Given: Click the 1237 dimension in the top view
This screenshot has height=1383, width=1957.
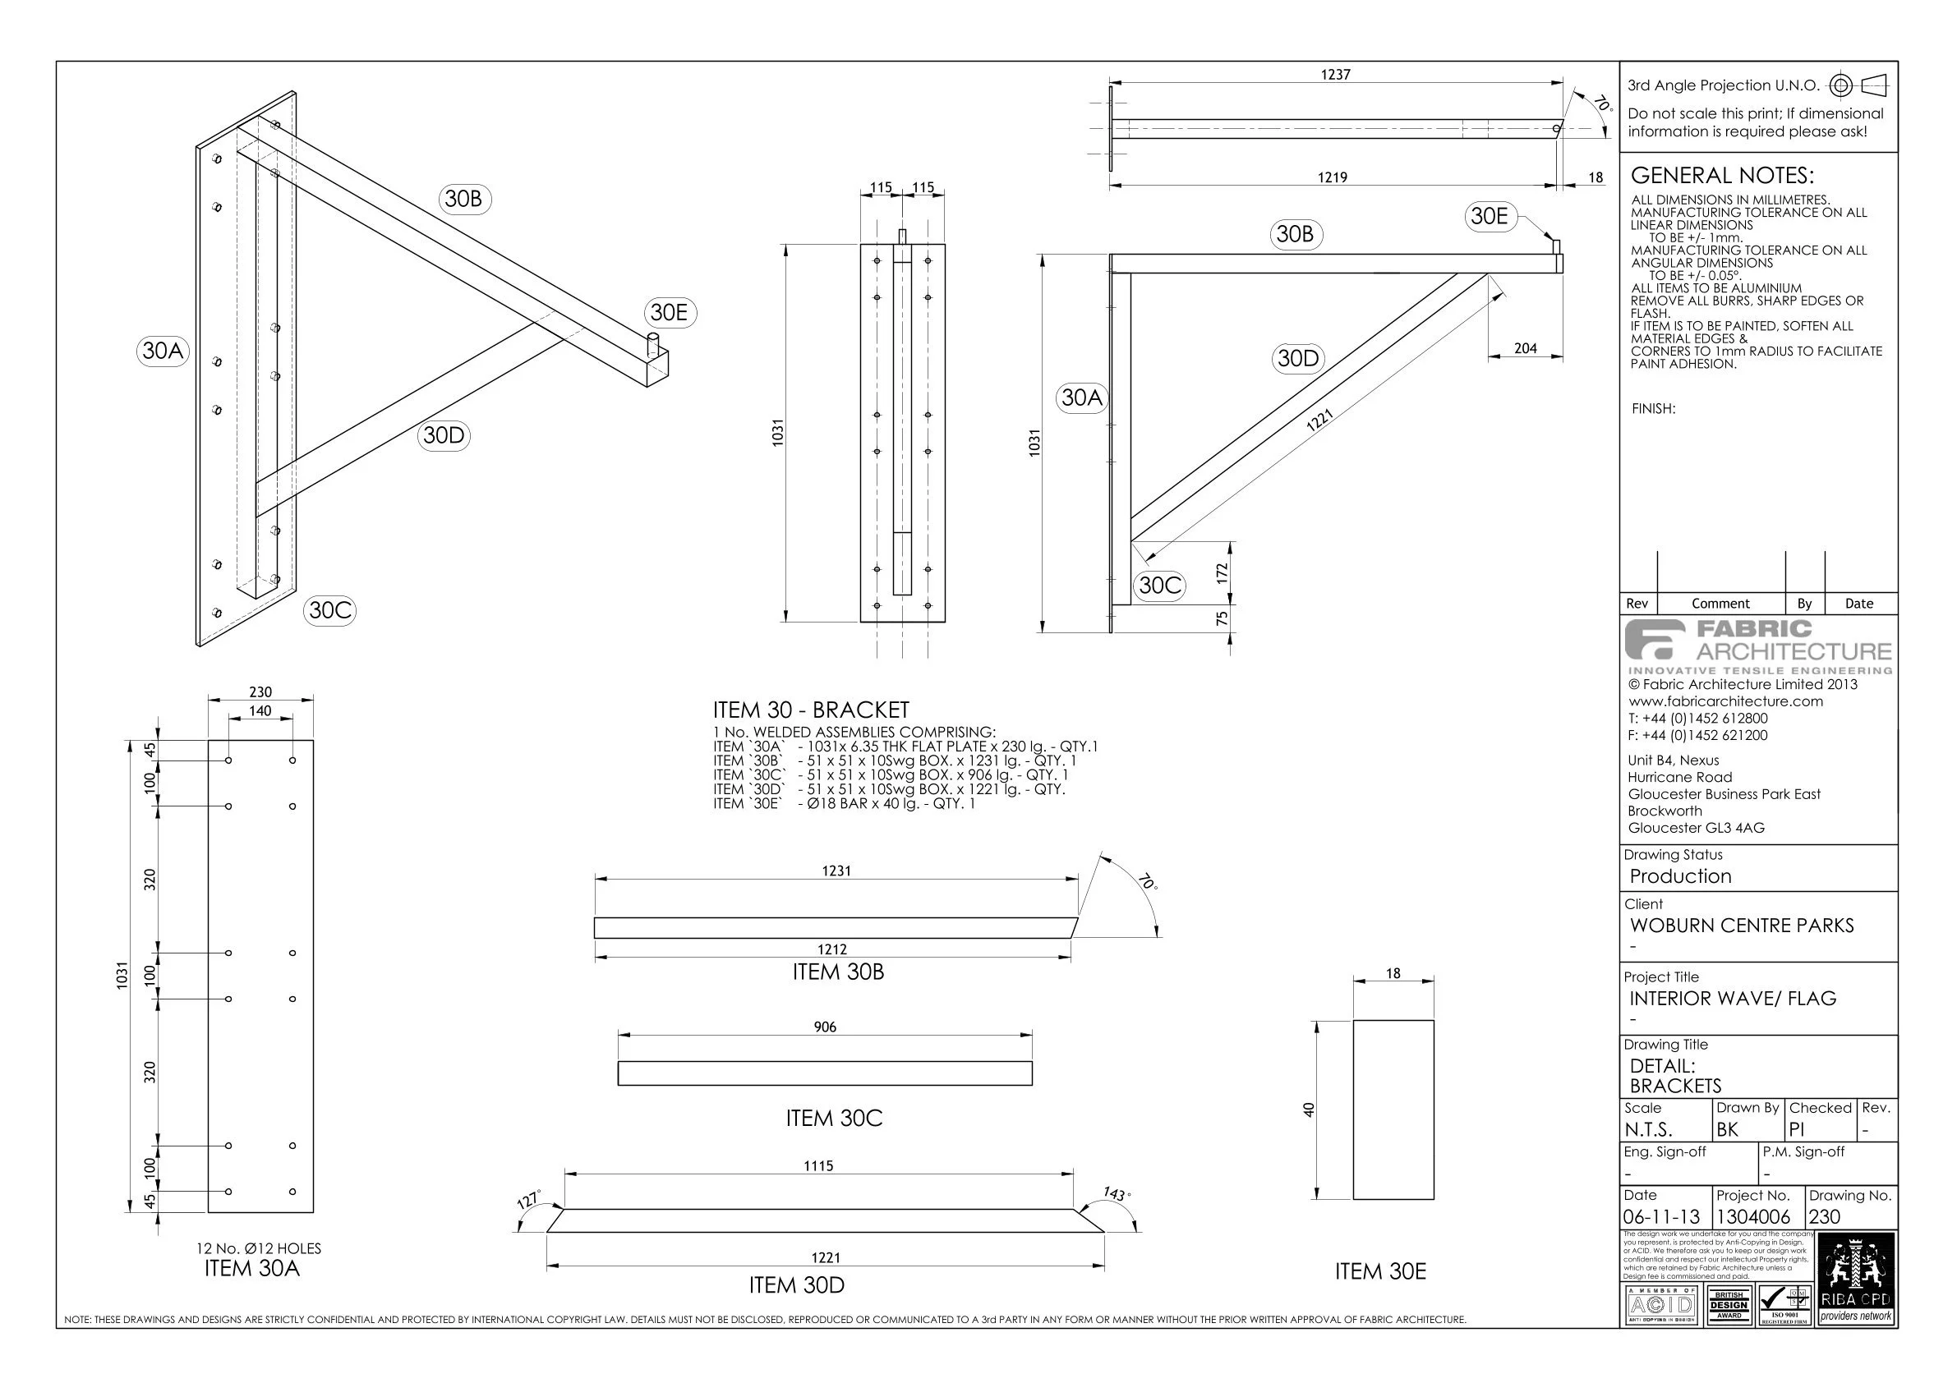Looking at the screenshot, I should (1336, 75).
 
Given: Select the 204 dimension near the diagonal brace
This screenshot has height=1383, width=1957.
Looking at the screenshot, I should (1525, 348).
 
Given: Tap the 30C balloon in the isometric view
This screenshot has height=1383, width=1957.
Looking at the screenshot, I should (329, 610).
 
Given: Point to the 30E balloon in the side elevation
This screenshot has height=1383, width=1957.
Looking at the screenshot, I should (1489, 217).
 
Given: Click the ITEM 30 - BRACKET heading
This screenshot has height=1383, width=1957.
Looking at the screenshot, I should (811, 710).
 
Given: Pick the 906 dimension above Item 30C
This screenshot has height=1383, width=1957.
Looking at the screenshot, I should (825, 1027).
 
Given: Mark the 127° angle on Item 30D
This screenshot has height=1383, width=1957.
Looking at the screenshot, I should (529, 1202).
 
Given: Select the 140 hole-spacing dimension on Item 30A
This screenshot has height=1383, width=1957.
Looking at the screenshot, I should (260, 711).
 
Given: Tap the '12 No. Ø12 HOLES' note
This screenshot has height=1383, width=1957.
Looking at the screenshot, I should (259, 1248).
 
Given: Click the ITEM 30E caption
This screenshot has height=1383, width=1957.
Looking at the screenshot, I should (1380, 1272).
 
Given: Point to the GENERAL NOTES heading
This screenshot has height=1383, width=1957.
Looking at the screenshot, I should (1722, 176).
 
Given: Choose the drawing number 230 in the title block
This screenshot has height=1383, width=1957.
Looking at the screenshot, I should (1825, 1218).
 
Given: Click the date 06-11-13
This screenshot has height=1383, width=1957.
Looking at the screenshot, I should (1661, 1218).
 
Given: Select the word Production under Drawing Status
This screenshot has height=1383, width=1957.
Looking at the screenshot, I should (1680, 877).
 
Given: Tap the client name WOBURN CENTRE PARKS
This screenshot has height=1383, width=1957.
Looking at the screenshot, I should (1742, 926).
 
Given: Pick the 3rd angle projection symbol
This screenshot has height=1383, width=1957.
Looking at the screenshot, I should (1863, 85).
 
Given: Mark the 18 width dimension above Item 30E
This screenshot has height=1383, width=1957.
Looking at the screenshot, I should (1393, 973).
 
